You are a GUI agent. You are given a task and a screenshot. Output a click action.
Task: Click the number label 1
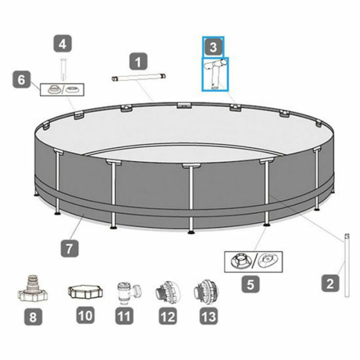(x=138, y=63)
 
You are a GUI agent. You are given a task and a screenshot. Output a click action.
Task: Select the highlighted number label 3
(x=213, y=48)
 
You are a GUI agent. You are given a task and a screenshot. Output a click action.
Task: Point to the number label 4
(x=63, y=45)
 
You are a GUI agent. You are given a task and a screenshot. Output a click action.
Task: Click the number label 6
(x=21, y=80)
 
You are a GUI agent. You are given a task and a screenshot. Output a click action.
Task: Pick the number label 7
(x=69, y=248)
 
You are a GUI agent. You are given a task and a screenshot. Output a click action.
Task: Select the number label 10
(x=85, y=315)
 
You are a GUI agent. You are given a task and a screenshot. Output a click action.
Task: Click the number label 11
(x=123, y=315)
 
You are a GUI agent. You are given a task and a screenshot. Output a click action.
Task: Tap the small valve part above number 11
(x=125, y=293)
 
